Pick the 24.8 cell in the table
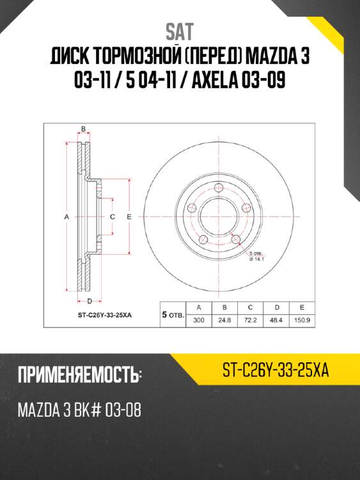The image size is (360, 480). [x=224, y=320]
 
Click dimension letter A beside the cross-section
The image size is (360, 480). [x=67, y=218]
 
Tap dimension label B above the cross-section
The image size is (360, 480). [x=83, y=130]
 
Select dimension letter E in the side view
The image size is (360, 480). [x=129, y=218]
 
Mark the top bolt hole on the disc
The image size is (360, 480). [x=217, y=188]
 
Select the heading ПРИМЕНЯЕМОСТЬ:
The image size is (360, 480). [x=79, y=375]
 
